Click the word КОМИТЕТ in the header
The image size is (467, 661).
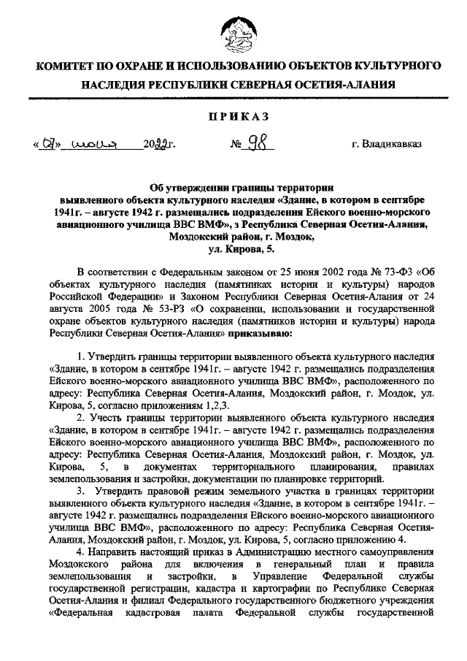[x=68, y=66]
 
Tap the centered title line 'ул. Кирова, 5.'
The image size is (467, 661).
[x=233, y=250]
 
